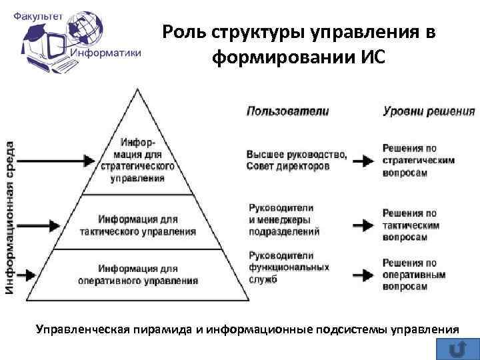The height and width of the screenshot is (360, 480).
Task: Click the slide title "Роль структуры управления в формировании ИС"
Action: (x=299, y=45)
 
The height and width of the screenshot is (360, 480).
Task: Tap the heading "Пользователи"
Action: (x=287, y=111)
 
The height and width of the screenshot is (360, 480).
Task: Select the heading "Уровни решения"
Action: (x=429, y=111)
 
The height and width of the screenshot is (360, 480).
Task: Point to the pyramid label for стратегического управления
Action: (x=139, y=161)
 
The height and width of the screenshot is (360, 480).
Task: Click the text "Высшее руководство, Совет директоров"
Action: (x=296, y=160)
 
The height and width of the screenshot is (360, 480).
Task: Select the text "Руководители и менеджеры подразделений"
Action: (x=284, y=220)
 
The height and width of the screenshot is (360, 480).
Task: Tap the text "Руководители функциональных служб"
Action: (x=289, y=267)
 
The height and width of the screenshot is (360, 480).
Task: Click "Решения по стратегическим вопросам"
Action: (x=419, y=160)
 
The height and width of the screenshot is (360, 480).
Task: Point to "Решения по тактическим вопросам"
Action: (x=411, y=225)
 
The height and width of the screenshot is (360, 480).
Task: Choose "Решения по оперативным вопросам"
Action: (x=410, y=274)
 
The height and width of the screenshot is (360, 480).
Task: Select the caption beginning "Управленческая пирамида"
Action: (x=247, y=329)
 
